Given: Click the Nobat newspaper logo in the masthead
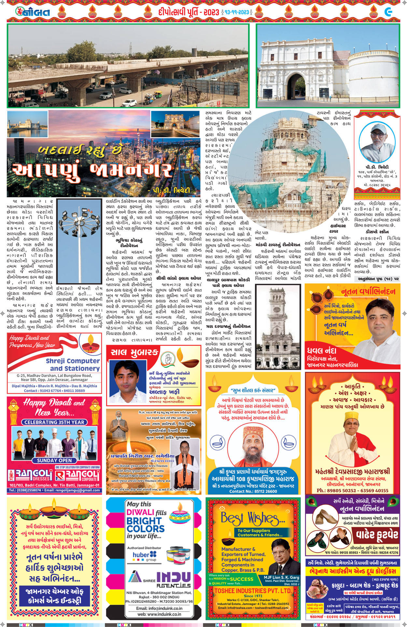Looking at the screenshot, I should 33,12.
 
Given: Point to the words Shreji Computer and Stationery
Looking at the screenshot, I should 73,365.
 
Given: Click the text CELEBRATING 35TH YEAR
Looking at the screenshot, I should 54,422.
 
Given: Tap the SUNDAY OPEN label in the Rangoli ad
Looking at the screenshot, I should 54,460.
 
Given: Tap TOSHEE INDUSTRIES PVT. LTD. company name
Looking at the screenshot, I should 253,591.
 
